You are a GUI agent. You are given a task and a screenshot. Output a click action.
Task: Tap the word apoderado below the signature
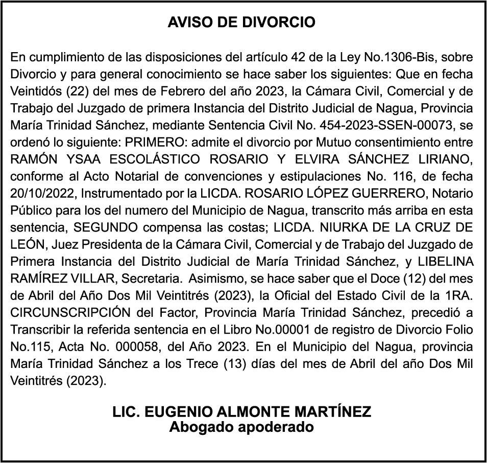[276, 427]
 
